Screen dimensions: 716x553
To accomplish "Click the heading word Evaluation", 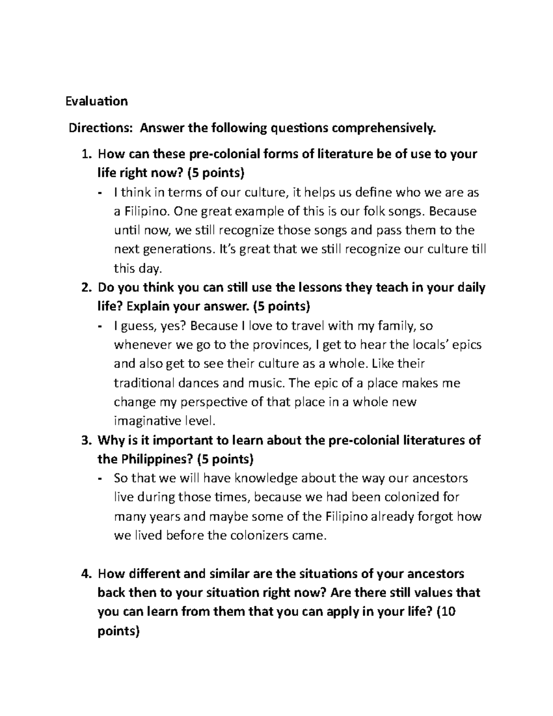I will point(96,101).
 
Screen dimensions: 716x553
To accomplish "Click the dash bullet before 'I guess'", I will point(100,326).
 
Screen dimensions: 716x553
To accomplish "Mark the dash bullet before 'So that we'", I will point(100,479).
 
